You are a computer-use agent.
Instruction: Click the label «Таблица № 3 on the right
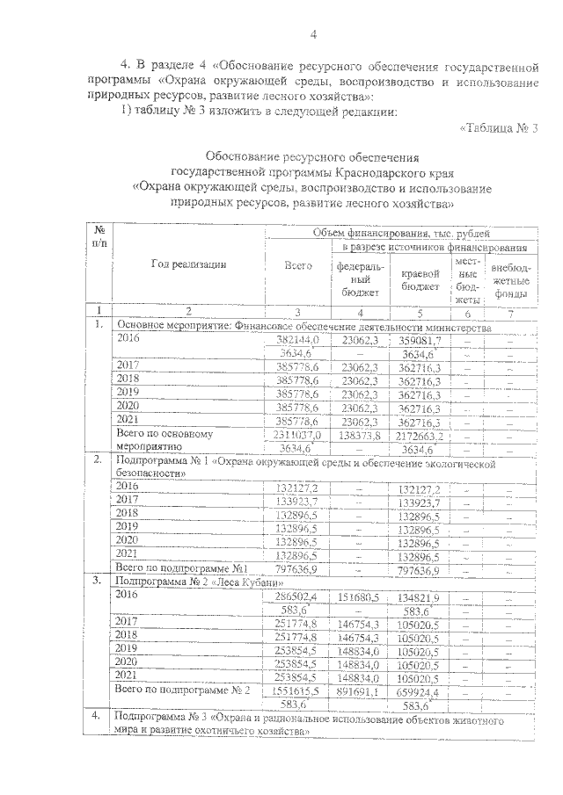tap(498, 127)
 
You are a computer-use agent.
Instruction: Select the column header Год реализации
tap(189, 264)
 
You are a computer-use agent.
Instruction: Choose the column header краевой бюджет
tap(420, 279)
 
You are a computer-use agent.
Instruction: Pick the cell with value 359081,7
tap(419, 338)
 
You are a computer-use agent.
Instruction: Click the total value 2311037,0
tap(296, 434)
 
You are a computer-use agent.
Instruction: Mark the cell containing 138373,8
tap(356, 434)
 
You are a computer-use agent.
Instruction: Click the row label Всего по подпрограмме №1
tap(186, 569)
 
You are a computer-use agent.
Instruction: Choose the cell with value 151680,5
tap(357, 596)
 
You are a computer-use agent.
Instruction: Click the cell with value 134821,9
tap(419, 596)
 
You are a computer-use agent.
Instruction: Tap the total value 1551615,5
tap(296, 691)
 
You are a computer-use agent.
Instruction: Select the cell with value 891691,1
tap(357, 691)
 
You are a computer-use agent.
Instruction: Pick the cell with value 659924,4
tap(419, 691)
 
